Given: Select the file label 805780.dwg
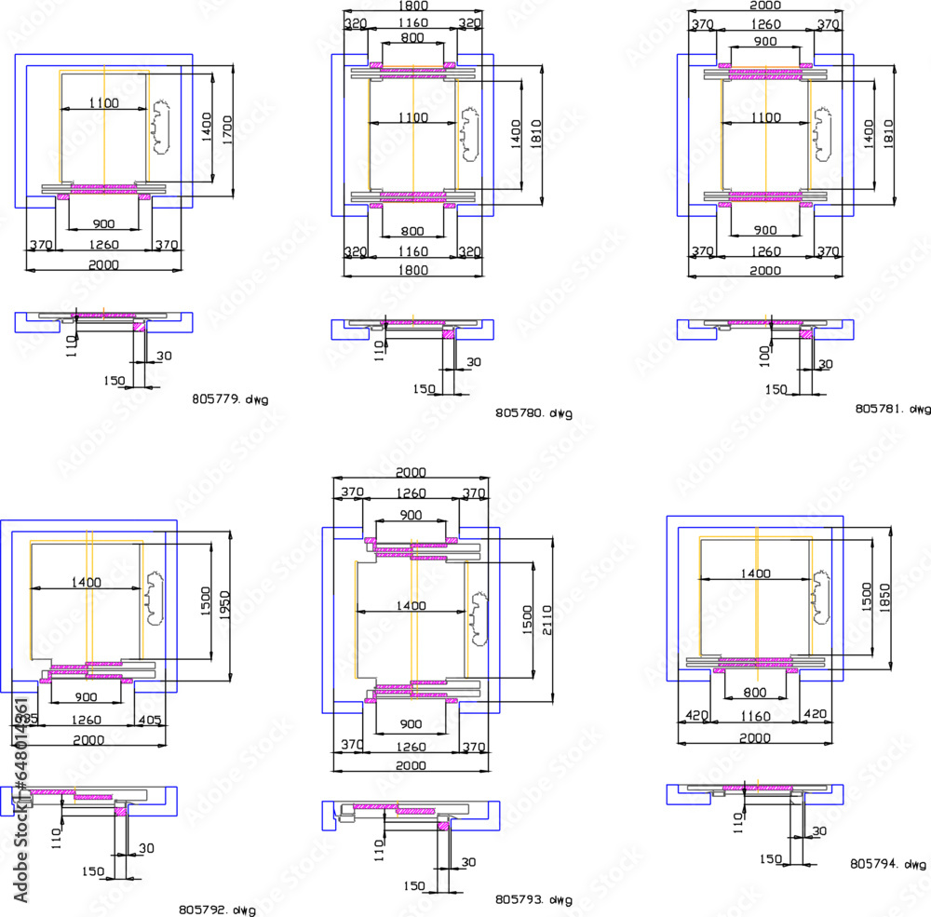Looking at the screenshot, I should (533, 412).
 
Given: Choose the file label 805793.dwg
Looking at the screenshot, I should (533, 900).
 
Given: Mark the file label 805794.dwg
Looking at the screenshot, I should (887, 864).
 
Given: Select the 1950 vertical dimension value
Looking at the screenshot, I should (224, 609).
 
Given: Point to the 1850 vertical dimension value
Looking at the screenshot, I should (885, 597).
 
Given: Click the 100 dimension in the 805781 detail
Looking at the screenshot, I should (765, 355).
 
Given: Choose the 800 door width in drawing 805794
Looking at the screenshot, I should (755, 694).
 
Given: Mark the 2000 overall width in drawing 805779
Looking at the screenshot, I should (102, 265).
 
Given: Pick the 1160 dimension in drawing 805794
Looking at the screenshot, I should (755, 716).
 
